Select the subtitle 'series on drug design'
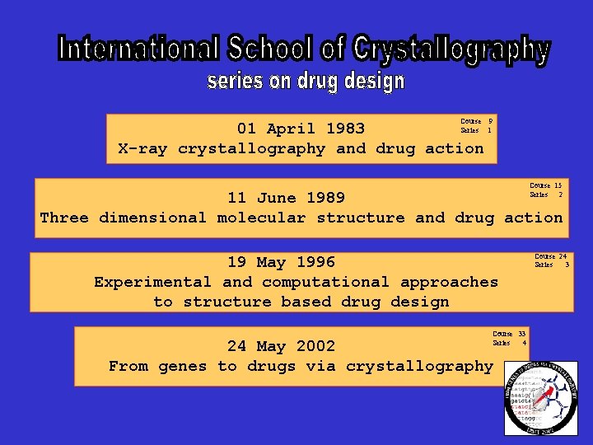point(306,82)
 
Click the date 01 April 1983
point(301,129)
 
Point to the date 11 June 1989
point(286,198)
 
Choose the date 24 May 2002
point(281,346)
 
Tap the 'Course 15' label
point(545,185)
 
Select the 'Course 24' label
point(550,256)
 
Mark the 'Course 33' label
point(509,334)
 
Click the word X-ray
point(143,149)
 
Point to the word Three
point(64,218)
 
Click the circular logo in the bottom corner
point(540,398)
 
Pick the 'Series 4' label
point(509,343)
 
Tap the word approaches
point(449,282)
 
